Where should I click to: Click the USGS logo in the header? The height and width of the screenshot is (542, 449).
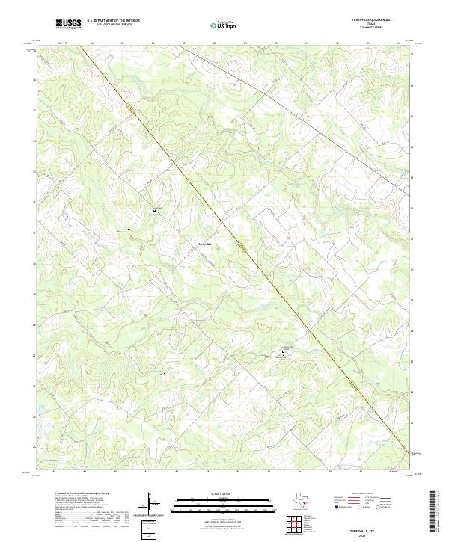pyautogui.click(x=69, y=24)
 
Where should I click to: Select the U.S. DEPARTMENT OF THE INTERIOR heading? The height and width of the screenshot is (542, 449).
pyautogui.click(x=113, y=21)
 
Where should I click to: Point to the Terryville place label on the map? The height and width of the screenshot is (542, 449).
pyautogui.click(x=205, y=244)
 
